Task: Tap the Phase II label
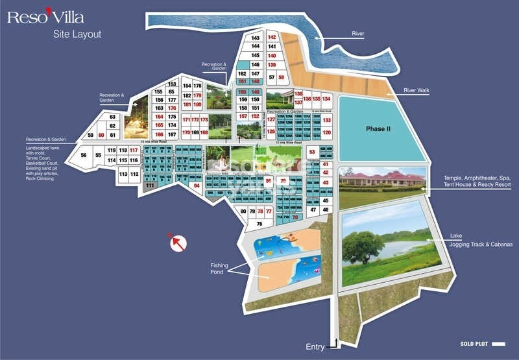tap(378, 128)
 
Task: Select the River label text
tap(358, 33)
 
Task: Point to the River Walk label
tap(418, 90)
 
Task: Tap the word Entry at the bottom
tap(315, 347)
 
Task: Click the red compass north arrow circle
tap(178, 243)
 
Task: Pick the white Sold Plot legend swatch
tap(498, 344)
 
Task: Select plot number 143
tap(255, 38)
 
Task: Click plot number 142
tap(272, 38)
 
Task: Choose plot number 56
tap(83, 155)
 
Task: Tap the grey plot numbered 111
tap(150, 186)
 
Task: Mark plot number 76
tap(259, 223)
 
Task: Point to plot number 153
tap(172, 84)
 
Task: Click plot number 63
tap(112, 117)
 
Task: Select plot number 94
tap(196, 186)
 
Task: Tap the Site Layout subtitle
tap(77, 34)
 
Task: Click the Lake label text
tap(457, 236)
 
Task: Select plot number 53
tap(311, 152)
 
